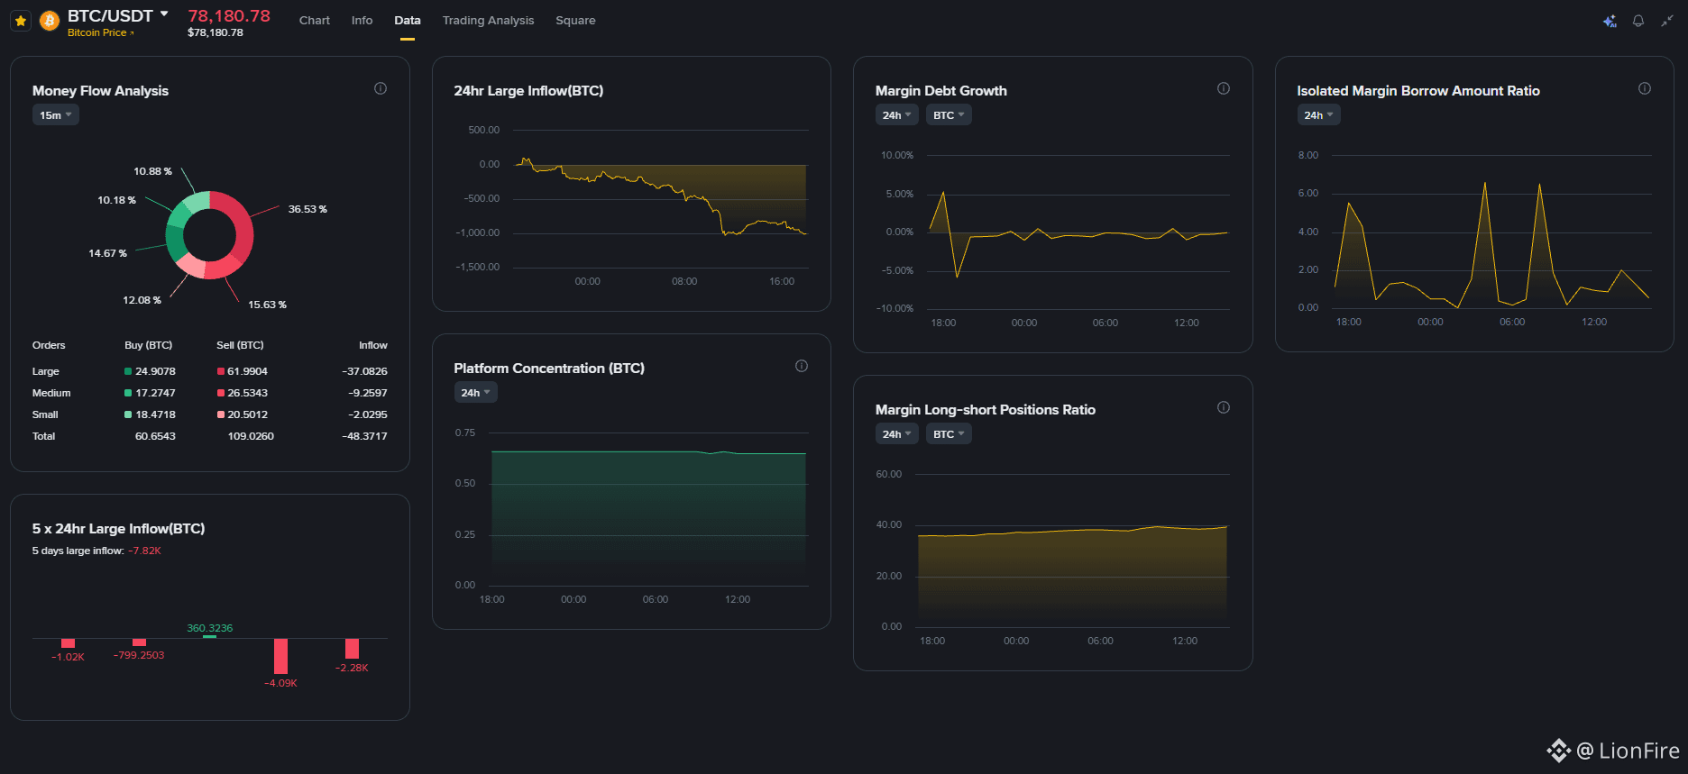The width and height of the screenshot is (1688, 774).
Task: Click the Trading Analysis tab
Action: pyautogui.click(x=488, y=20)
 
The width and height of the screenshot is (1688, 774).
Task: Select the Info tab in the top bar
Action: pyautogui.click(x=362, y=20)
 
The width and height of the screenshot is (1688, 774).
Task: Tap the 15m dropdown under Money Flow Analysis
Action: pyautogui.click(x=56, y=115)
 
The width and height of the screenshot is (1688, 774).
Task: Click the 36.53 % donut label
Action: pyautogui.click(x=307, y=209)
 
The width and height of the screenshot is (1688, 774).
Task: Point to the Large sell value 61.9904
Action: pyautogui.click(x=247, y=371)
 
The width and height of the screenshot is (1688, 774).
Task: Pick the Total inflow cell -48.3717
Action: pyautogui.click(x=364, y=436)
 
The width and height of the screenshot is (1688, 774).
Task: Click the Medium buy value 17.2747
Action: pyautogui.click(x=155, y=393)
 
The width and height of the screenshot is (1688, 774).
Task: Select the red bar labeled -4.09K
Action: pyautogui.click(x=280, y=656)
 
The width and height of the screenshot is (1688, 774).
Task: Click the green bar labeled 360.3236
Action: pyautogui.click(x=209, y=636)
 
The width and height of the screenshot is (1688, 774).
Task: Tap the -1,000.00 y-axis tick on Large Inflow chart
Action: pyautogui.click(x=477, y=232)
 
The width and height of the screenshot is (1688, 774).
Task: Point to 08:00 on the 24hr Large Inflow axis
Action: pyautogui.click(x=684, y=281)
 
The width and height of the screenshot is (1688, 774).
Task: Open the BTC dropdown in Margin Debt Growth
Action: pyautogui.click(x=949, y=115)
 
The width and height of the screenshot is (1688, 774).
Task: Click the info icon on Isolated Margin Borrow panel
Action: pyautogui.click(x=1645, y=88)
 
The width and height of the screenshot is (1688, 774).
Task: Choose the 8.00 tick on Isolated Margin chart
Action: pyautogui.click(x=1307, y=155)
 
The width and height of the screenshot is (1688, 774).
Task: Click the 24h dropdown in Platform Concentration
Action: pyautogui.click(x=475, y=393)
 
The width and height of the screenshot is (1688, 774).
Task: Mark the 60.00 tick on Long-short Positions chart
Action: pyautogui.click(x=888, y=474)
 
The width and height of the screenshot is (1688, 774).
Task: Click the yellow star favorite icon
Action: pyautogui.click(x=21, y=20)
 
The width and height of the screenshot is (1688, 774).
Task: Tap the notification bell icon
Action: pyautogui.click(x=1638, y=21)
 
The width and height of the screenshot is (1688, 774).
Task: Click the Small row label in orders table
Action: pyautogui.click(x=45, y=414)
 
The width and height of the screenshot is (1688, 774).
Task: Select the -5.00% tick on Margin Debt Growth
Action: pyautogui.click(x=897, y=270)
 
